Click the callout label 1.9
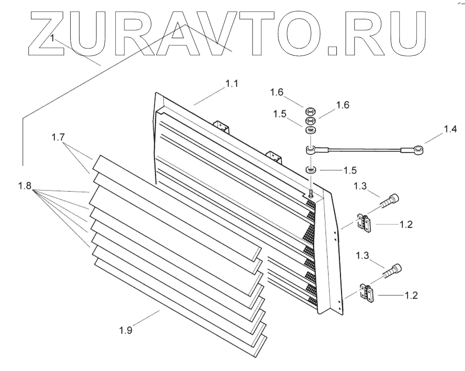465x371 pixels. click(x=126, y=331)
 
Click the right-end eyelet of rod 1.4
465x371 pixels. click(x=419, y=150)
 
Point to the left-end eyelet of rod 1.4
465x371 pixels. click(x=310, y=150)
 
